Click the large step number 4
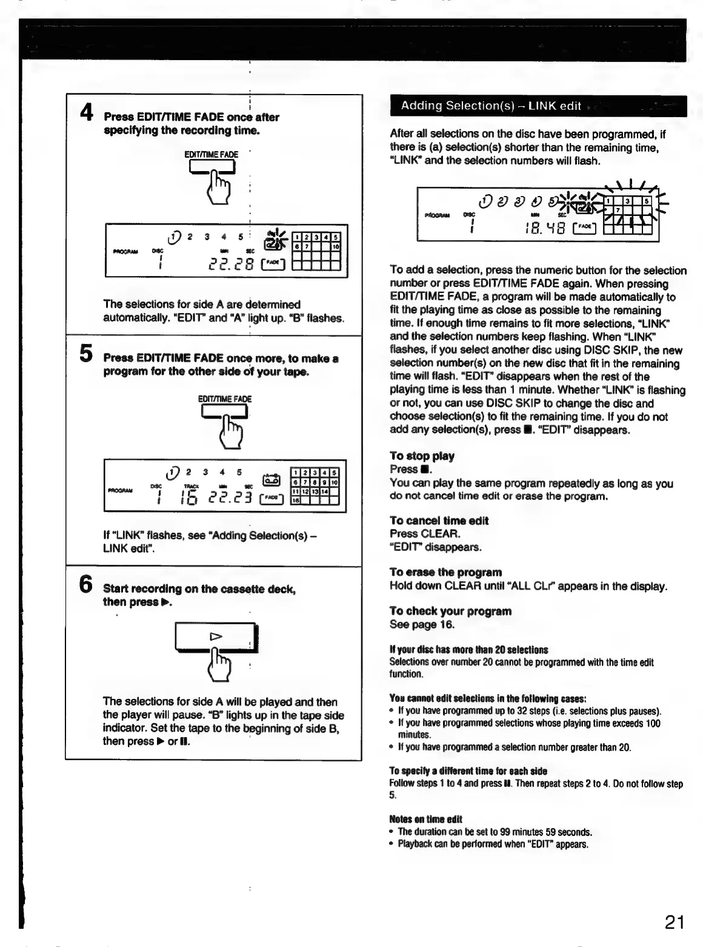point(87,113)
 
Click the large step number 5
point(86,354)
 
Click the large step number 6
point(87,584)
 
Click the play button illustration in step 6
point(215,637)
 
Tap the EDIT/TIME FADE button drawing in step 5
point(224,411)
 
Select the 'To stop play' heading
point(422,456)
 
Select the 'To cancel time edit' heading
point(439,521)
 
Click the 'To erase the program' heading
point(445,572)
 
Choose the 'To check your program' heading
point(450,612)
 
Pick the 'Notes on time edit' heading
point(425,820)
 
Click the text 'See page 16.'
point(422,625)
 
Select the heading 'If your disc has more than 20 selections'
point(468,650)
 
